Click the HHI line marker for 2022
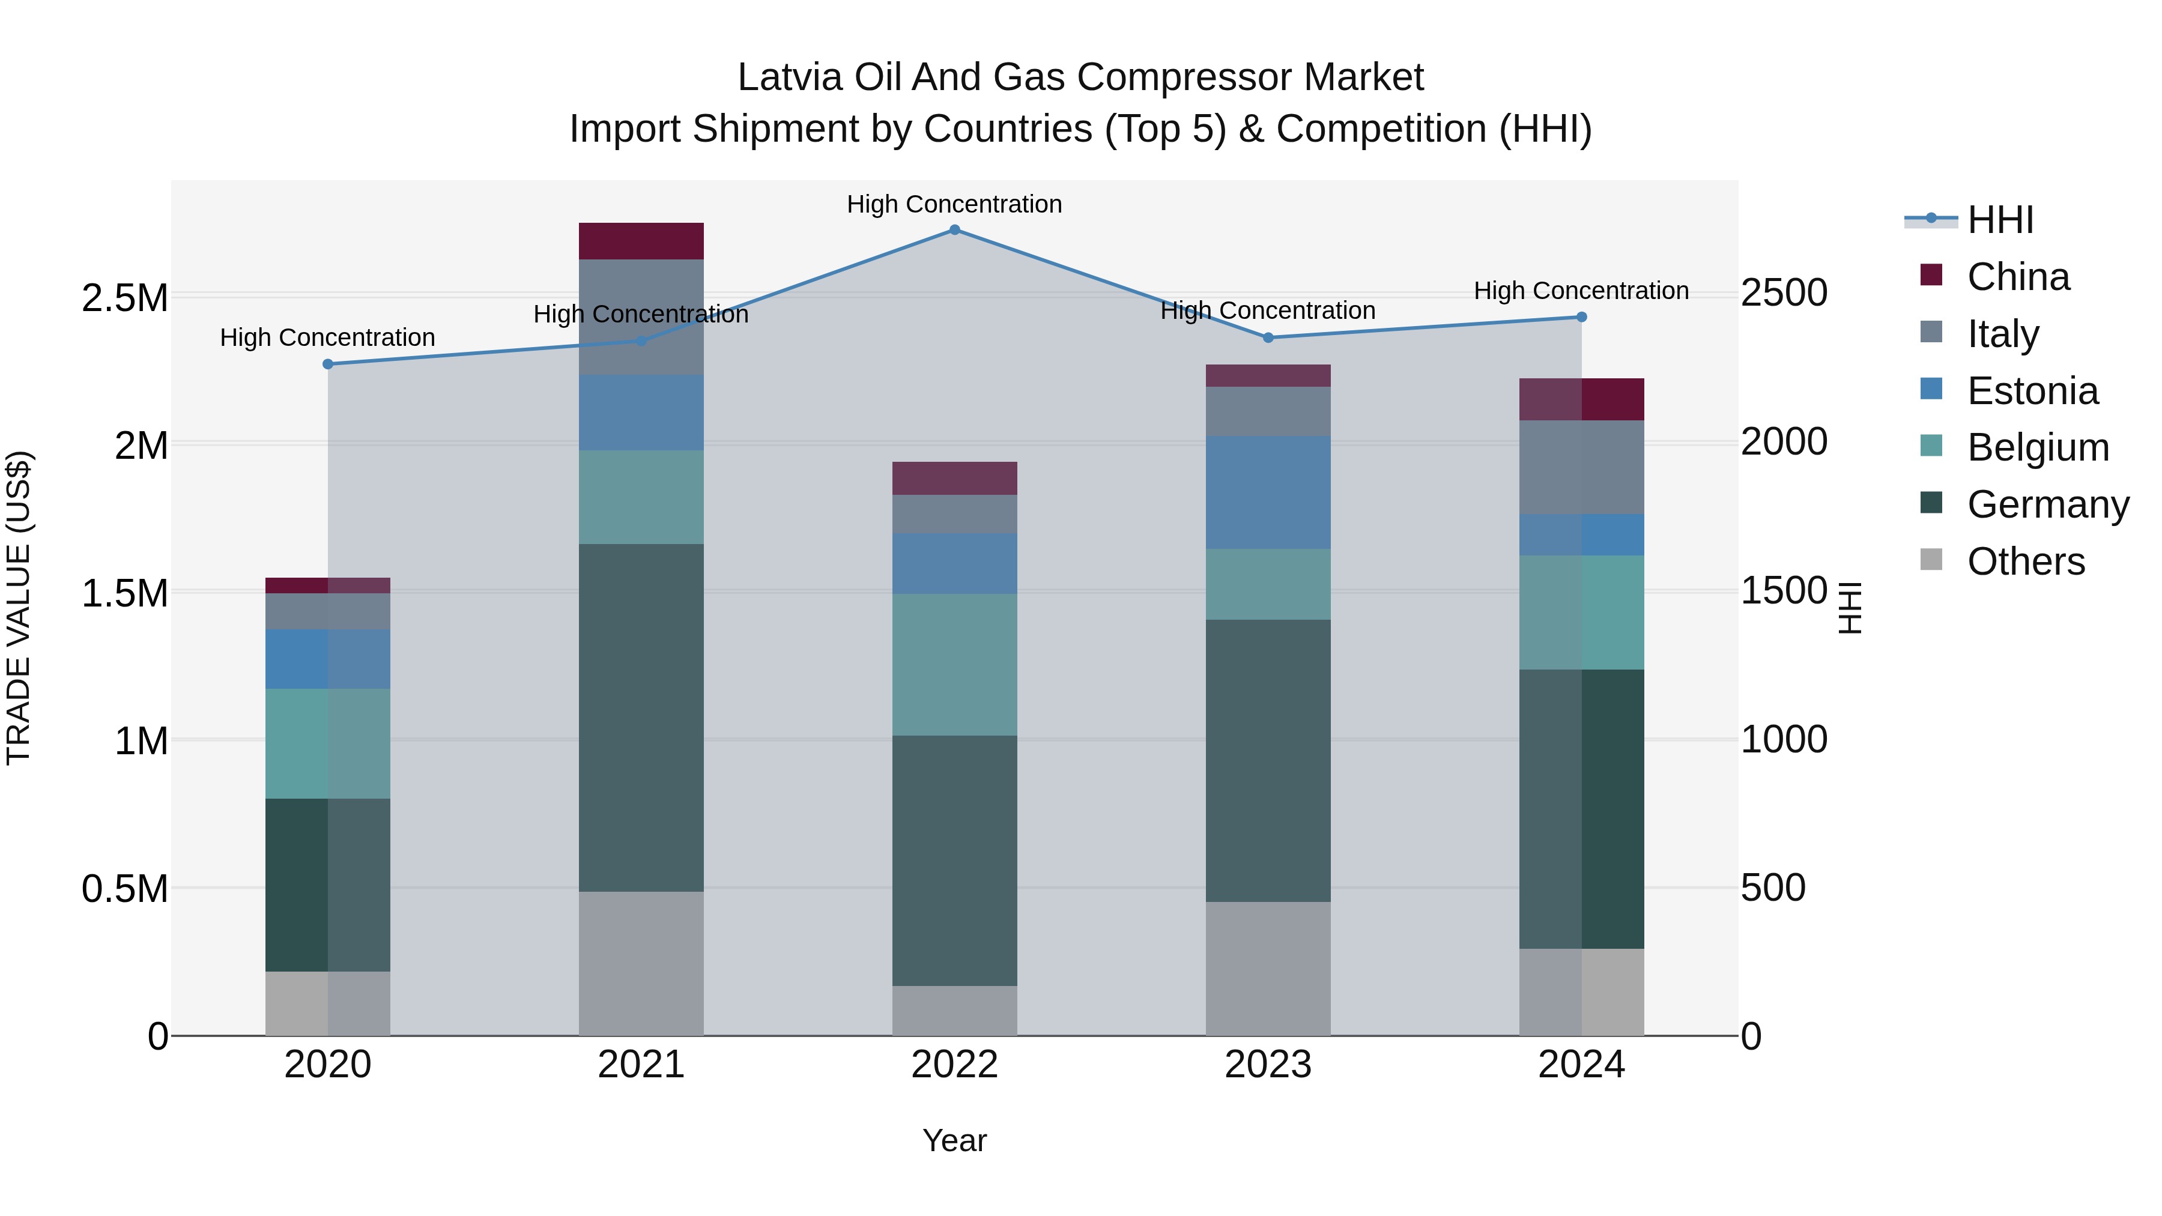[x=954, y=230]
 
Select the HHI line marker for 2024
[x=1581, y=317]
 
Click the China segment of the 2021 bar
[x=641, y=241]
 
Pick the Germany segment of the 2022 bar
[x=954, y=860]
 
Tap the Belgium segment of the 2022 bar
[x=954, y=665]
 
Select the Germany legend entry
[x=2047, y=505]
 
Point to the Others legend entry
[x=2025, y=561]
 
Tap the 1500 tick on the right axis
[x=1784, y=591]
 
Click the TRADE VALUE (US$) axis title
[x=19, y=608]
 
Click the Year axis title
[x=954, y=1140]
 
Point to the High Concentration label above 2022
[x=954, y=205]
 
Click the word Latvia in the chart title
[x=790, y=78]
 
